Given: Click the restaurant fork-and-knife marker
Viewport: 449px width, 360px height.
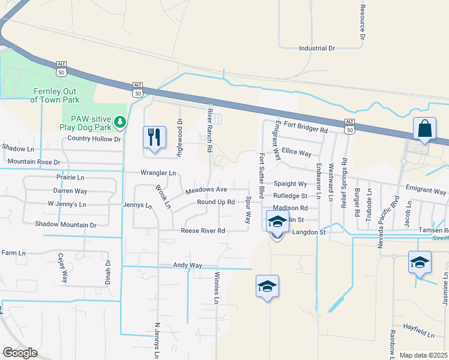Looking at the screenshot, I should coord(154,137).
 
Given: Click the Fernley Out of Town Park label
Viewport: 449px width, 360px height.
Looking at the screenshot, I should coord(56,95).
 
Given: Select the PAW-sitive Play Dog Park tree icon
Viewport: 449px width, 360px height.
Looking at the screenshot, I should coord(121,122).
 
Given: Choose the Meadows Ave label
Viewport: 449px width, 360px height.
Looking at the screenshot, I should coord(206,190).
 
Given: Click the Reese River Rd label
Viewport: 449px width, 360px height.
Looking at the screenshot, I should coord(203,230).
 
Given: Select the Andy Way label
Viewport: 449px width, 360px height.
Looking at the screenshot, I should coord(187,265).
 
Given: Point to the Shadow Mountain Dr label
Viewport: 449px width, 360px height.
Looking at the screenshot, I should coord(65,224).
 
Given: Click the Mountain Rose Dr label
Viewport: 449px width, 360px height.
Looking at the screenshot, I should coord(34,162).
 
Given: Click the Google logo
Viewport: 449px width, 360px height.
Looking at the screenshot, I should coord(20,353).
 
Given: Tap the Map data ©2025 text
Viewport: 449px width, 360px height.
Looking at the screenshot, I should coord(423,355).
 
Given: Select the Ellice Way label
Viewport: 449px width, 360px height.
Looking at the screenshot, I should coord(297,152).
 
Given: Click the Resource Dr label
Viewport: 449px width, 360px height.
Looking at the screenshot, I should coord(363,23).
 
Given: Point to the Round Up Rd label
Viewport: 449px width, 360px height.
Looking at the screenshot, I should coord(215,202).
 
